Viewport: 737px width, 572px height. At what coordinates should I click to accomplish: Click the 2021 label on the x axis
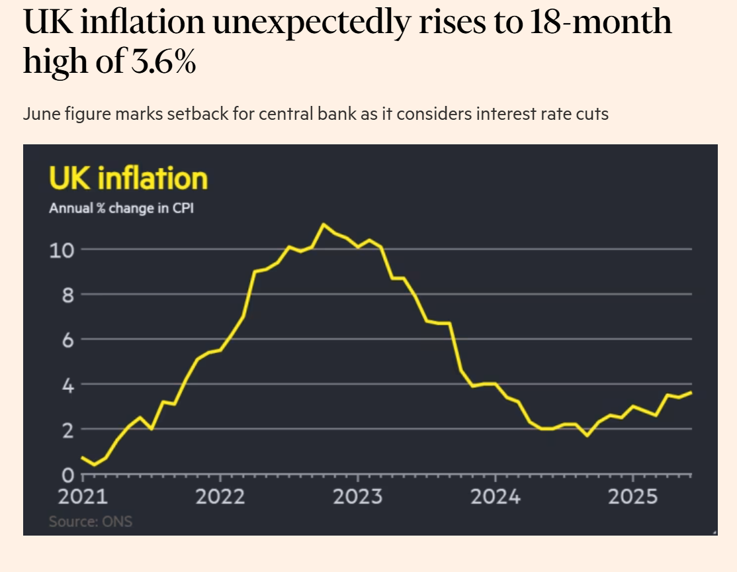[82, 497]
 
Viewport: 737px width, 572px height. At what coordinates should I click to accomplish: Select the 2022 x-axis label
[220, 497]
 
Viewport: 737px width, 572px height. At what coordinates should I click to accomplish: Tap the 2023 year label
[357, 497]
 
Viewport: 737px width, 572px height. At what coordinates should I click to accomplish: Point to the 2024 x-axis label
[495, 497]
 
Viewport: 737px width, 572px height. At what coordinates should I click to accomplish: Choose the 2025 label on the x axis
[632, 497]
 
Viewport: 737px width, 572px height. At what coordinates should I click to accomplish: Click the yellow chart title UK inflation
[128, 179]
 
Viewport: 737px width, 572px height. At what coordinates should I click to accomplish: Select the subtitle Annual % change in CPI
[122, 209]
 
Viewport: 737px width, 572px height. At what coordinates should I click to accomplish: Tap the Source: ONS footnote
[91, 522]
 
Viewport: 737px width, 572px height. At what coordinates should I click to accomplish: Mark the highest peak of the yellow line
[323, 224]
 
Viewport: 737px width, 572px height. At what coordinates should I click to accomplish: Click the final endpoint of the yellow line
[691, 393]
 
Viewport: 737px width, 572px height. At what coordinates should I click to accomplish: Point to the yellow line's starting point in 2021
[82, 457]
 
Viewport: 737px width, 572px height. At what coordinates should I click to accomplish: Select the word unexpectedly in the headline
[309, 23]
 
